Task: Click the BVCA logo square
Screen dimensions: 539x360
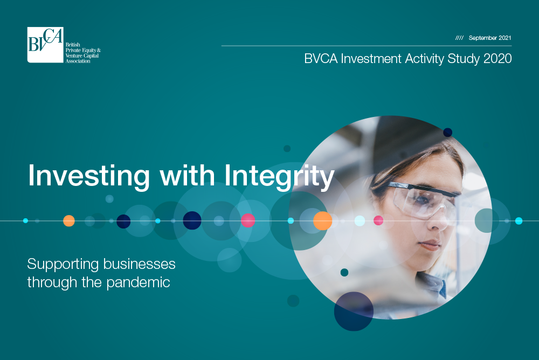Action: click(45, 45)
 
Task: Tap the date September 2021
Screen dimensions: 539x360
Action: click(490, 38)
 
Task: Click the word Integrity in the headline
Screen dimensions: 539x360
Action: click(279, 176)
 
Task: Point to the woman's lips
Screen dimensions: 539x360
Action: click(430, 245)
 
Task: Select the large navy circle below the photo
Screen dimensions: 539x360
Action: click(354, 311)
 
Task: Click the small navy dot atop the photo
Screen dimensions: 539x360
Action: click(447, 133)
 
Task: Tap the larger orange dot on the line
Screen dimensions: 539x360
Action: click(322, 221)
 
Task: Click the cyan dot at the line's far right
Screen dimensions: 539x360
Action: click(519, 221)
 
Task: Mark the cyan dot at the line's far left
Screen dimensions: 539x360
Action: click(25, 220)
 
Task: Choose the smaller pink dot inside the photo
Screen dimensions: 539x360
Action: click(378, 220)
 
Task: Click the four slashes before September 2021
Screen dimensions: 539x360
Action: click(459, 38)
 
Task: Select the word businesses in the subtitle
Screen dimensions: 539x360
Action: click(139, 264)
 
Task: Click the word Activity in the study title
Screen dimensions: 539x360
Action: click(425, 59)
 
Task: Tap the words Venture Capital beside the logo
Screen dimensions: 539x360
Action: click(82, 56)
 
